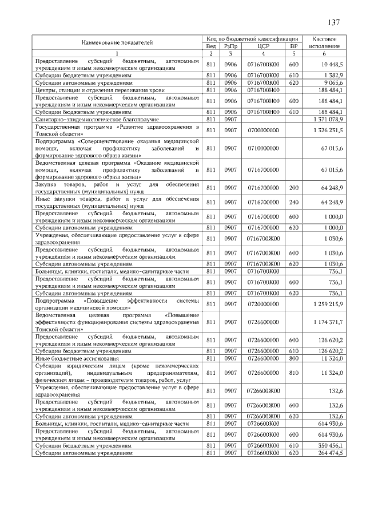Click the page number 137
[333, 22]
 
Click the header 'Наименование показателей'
[117, 42]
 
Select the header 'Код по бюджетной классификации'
[253, 38]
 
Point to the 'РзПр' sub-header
[230, 46]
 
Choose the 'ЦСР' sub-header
[263, 46]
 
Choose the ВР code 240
[294, 202]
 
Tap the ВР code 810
[294, 373]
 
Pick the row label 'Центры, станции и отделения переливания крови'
[92, 90]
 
